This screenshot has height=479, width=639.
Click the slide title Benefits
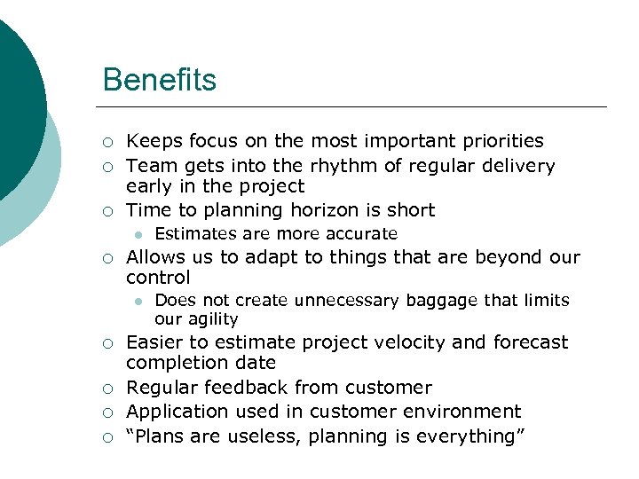click(159, 80)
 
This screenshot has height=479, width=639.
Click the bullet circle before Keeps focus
click(107, 142)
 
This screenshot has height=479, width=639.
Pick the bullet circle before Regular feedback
click(107, 389)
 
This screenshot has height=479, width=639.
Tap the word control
click(158, 278)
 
